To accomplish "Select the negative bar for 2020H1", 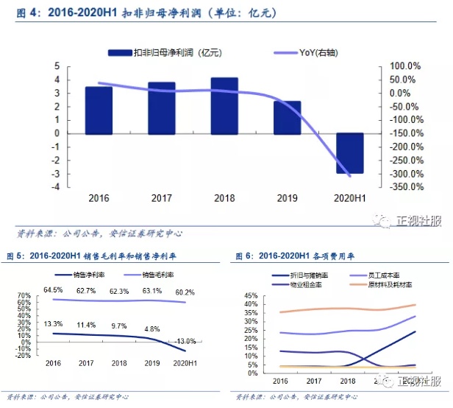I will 350,153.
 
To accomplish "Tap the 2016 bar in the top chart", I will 99,110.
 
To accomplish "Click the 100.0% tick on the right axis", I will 404,66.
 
